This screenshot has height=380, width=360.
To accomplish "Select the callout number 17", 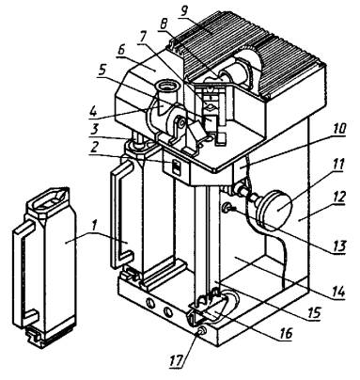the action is tap(177, 360).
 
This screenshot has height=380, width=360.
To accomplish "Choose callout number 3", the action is tap(94, 129).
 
